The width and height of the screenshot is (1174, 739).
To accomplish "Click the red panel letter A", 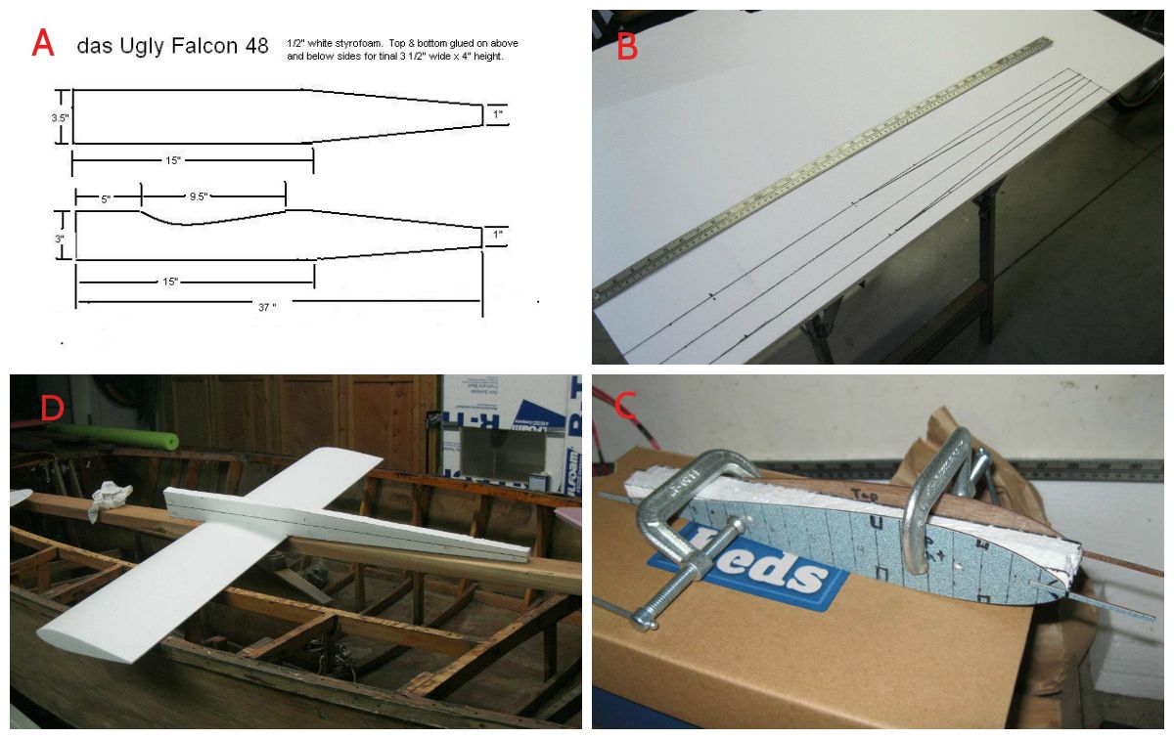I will pyautogui.click(x=43, y=44).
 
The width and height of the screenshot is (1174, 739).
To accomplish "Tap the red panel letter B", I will pyautogui.click(x=626, y=43).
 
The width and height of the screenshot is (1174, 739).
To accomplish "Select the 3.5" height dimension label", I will pyautogui.click(x=60, y=116).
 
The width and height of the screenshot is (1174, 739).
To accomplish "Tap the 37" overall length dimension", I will pyautogui.click(x=266, y=306).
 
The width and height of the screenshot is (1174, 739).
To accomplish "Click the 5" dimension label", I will pyautogui.click(x=105, y=197).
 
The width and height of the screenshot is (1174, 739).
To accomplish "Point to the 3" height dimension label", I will pyautogui.click(x=60, y=238).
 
